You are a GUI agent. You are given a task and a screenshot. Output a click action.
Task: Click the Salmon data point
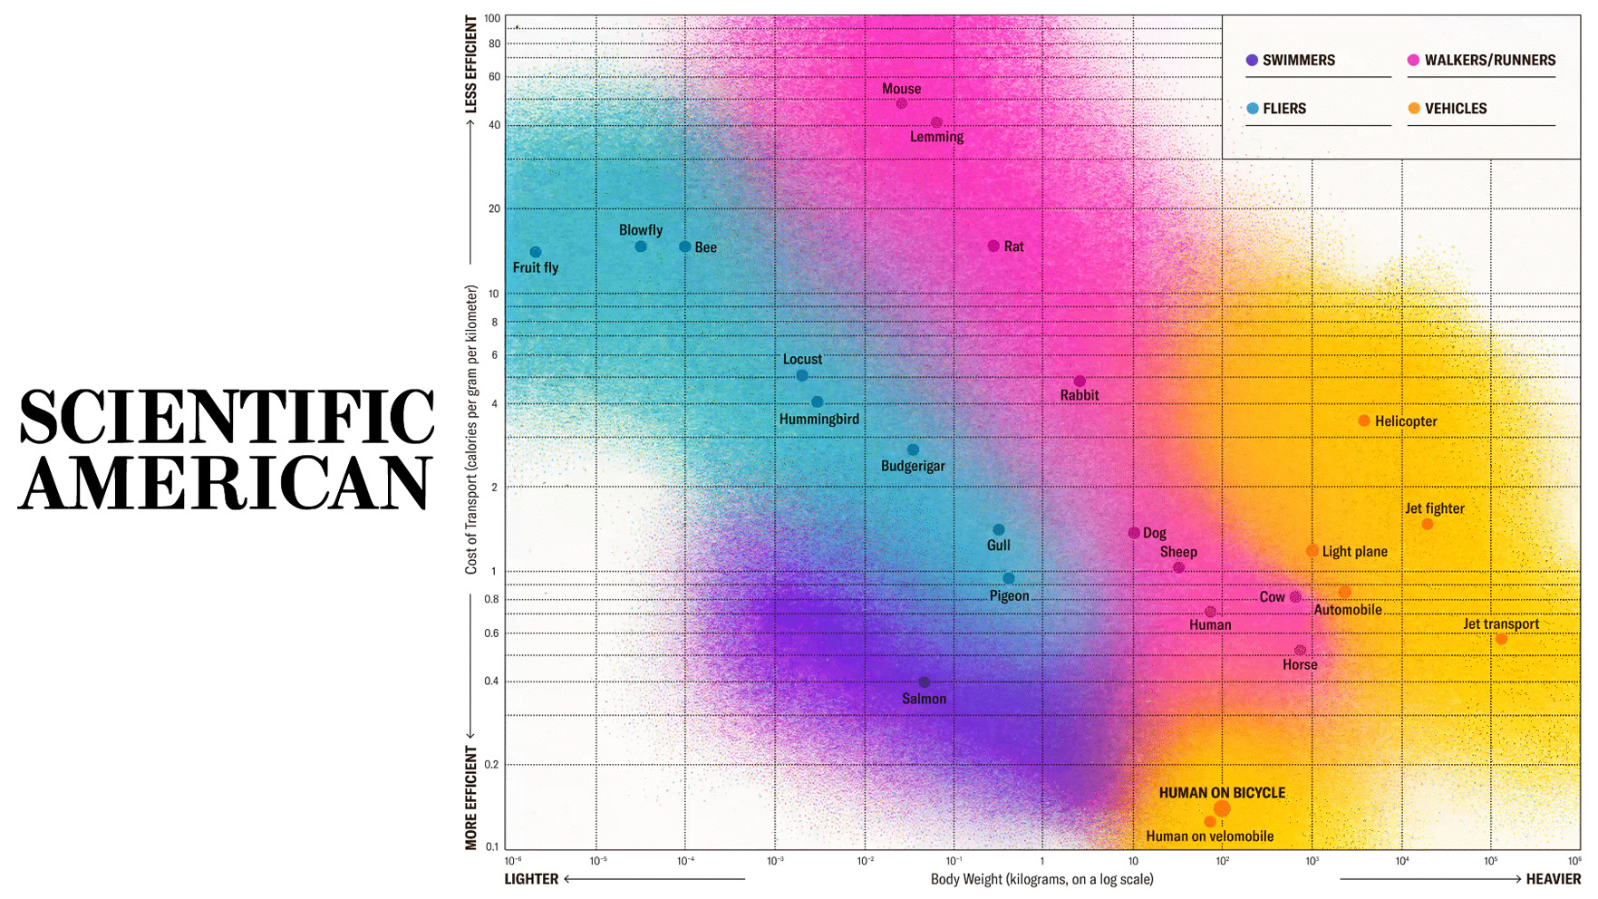(924, 682)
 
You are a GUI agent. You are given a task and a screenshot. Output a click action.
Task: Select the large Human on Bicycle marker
(1222, 808)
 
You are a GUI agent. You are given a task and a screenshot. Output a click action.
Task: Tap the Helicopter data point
(1363, 420)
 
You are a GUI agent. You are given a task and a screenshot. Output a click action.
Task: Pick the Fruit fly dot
(536, 252)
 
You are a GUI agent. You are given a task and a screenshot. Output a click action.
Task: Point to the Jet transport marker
(1501, 639)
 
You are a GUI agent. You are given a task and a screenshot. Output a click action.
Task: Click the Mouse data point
(901, 103)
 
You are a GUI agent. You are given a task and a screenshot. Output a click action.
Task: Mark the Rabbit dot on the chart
(1080, 382)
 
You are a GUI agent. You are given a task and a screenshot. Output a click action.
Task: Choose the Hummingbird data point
(817, 401)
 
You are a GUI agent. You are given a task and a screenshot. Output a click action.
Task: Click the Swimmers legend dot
(1252, 60)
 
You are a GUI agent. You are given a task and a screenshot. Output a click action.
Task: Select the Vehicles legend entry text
(1456, 109)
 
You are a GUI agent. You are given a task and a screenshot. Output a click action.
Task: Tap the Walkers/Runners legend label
(1489, 61)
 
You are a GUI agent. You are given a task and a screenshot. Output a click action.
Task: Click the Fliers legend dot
(1252, 109)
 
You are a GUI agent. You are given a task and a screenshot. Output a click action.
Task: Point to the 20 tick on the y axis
(494, 208)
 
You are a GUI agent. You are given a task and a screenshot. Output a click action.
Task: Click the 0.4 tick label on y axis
(491, 681)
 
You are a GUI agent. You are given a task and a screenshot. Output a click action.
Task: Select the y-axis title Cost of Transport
(471, 430)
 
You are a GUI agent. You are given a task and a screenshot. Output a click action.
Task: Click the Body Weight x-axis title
(1041, 879)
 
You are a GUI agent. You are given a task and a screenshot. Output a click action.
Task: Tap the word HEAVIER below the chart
(1553, 879)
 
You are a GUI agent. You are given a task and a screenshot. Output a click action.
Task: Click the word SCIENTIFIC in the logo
(227, 417)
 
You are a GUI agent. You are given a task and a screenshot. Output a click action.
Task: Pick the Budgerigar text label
(913, 466)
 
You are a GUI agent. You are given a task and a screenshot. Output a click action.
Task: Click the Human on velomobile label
(1209, 836)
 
